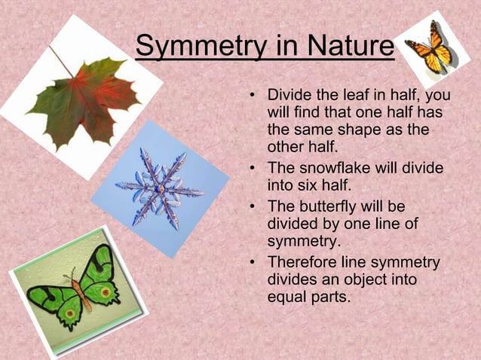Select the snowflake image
pos(160,188)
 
